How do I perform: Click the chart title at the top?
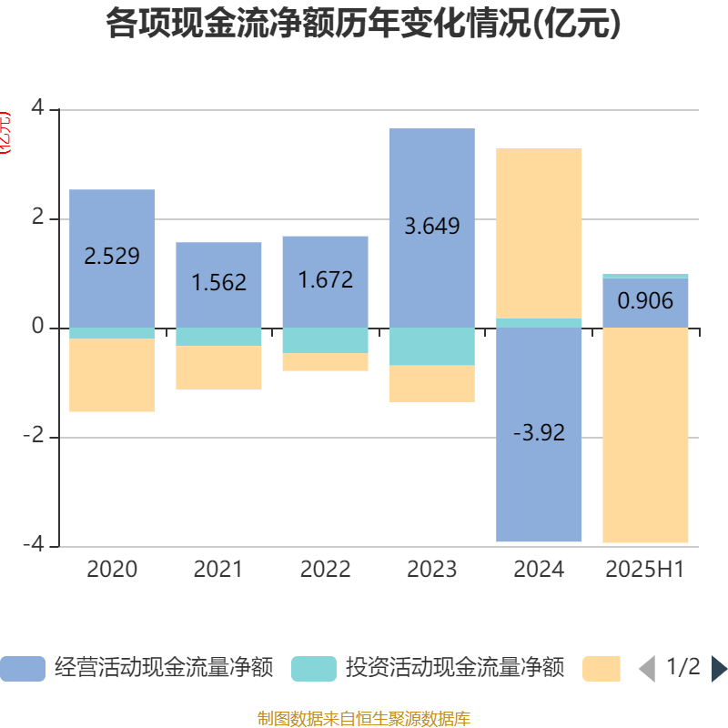[363, 25]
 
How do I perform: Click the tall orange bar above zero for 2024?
[539, 233]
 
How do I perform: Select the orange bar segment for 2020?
[112, 375]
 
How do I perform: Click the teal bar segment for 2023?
[431, 347]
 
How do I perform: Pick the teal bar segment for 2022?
[325, 340]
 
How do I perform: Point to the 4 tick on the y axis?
[37, 109]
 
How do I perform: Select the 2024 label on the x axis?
[539, 570]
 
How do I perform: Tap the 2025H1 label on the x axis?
[645, 570]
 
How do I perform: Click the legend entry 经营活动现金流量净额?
[136, 669]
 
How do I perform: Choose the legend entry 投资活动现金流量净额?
[428, 669]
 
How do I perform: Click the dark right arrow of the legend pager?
[718, 669]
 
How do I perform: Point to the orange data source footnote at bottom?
[363, 719]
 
